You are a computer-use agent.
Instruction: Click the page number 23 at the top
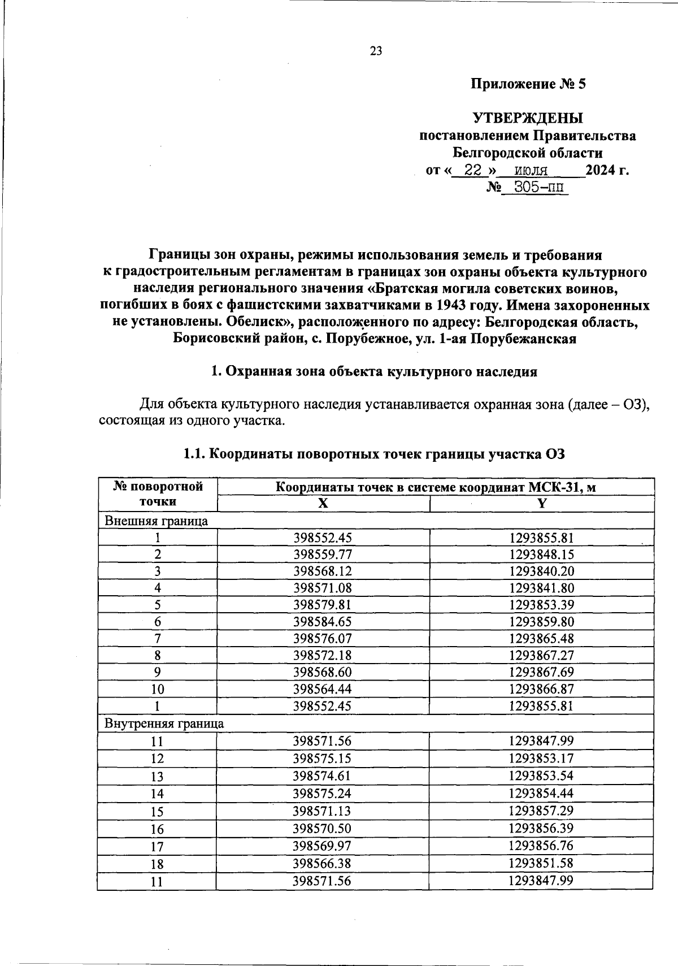coord(376,51)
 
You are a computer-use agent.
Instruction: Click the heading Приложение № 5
coord(528,85)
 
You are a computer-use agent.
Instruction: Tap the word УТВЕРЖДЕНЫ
coord(528,118)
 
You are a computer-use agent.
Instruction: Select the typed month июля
coord(532,170)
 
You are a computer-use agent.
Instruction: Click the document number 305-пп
coord(537,187)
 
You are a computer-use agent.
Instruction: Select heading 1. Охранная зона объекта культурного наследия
coord(373,372)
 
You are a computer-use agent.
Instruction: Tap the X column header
coord(323,504)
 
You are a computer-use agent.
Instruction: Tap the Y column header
coord(541,504)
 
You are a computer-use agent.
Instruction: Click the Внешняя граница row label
coord(157,521)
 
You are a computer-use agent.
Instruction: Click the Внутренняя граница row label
coord(164,724)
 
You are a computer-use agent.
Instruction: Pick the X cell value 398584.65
coord(323,622)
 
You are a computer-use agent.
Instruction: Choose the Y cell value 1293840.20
coord(541,571)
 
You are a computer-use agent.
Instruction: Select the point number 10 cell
coord(158,689)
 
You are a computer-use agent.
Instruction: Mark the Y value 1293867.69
coord(541,672)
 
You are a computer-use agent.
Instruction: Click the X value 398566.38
coord(323,863)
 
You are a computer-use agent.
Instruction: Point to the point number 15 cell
coord(157,812)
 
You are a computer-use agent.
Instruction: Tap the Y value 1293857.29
coord(541,811)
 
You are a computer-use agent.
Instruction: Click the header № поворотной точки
coord(158,493)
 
